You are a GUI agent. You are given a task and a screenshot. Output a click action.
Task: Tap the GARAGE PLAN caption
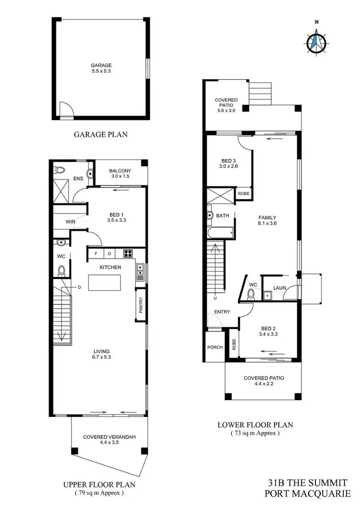(101, 134)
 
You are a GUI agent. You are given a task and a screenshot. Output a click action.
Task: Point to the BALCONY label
(120, 171)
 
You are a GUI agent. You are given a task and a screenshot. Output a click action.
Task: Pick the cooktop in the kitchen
(129, 253)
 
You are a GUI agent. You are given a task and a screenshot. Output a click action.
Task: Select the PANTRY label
(141, 306)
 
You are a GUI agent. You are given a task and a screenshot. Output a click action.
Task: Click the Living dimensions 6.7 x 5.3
(101, 356)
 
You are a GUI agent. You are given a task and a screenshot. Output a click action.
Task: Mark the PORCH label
(215, 347)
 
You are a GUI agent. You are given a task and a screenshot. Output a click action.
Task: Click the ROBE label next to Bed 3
(243, 193)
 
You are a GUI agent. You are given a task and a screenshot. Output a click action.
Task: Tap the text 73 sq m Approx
(255, 433)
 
